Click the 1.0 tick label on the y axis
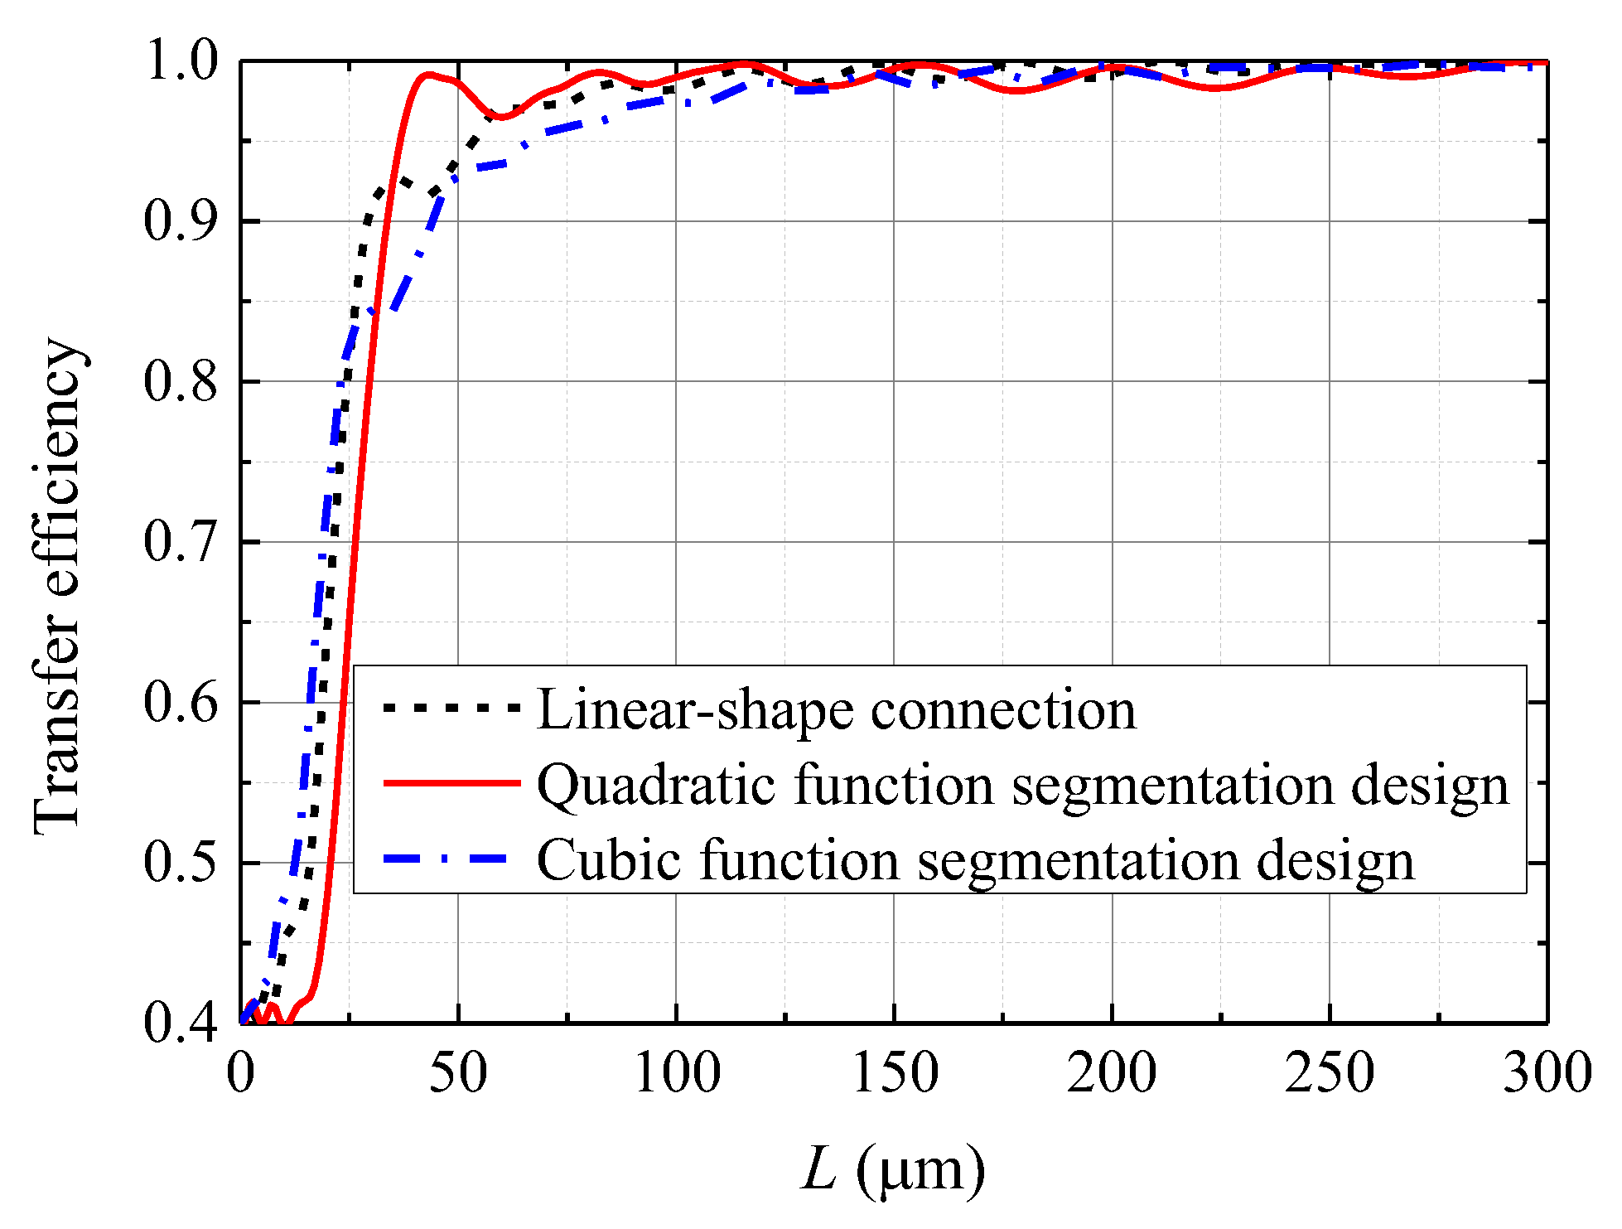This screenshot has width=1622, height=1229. coord(181,61)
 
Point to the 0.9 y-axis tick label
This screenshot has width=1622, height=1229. coord(181,221)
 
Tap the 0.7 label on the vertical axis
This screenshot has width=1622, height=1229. coord(181,542)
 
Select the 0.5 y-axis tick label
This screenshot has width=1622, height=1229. coord(181,863)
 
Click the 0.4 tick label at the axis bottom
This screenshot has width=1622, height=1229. coord(181,1023)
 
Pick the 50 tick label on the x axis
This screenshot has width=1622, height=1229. coord(459,1073)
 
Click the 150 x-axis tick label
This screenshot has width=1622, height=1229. coord(895,1073)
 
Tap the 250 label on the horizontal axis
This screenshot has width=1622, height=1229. coord(1330,1073)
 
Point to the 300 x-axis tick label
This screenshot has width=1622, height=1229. coord(1547,1073)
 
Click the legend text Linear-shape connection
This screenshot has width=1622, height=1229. coord(837,710)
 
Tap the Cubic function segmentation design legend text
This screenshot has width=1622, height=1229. coord(976,860)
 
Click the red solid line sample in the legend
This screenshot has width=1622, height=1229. coord(451,782)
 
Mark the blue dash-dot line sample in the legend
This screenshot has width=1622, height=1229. coord(451,859)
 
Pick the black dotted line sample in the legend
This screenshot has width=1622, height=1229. coord(451,708)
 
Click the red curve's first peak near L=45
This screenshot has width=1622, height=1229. coord(427,75)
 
